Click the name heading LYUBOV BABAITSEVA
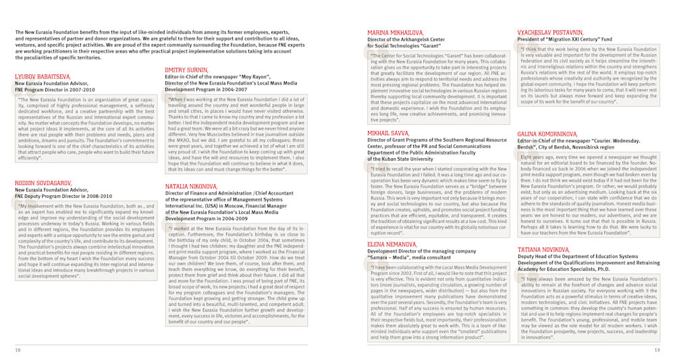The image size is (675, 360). [x=42, y=77]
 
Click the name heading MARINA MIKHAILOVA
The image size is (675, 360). [x=396, y=32]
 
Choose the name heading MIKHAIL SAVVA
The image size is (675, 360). [x=388, y=134]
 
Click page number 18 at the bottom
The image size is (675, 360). [x=18, y=350]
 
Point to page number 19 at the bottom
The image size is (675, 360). [x=657, y=350]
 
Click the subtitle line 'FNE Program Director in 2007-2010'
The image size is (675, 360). [x=55, y=89]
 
